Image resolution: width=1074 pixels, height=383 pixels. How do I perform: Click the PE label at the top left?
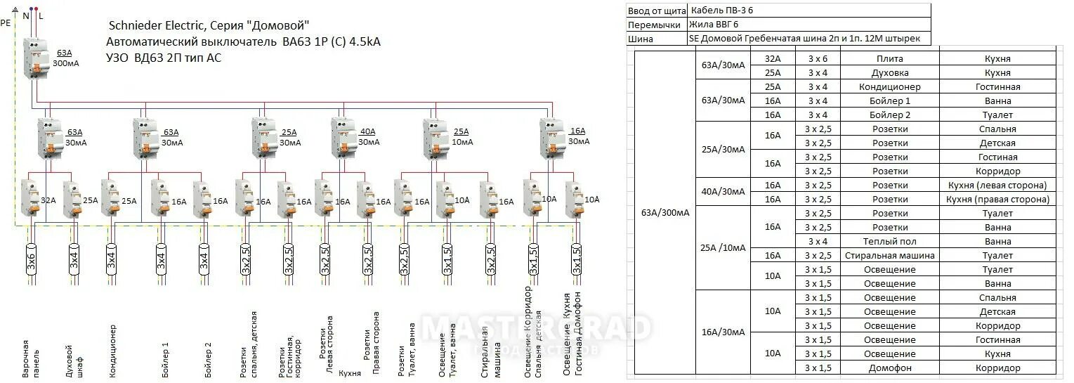coord(6,22)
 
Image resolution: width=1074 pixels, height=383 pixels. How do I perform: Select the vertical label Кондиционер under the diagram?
coord(112,351)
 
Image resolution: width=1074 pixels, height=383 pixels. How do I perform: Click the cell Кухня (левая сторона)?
coord(997,185)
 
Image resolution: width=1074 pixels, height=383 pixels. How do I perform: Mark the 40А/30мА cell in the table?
coord(723,191)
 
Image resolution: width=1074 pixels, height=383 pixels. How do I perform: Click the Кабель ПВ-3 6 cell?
coord(722,10)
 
